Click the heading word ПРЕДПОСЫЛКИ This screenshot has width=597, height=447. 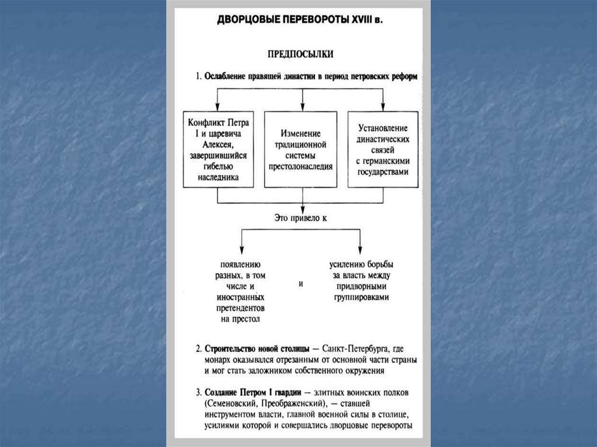coord(300,54)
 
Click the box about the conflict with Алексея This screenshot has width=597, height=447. coord(218,150)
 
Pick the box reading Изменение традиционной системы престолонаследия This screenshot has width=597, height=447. coord(300,150)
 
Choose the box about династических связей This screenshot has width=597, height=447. coord(382,150)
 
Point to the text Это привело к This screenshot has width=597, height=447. coord(301,219)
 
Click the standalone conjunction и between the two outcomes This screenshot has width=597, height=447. coord(301,284)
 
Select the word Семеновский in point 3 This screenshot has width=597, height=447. coord(230,403)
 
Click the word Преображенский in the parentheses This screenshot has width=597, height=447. coord(291,403)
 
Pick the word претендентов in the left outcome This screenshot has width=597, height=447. coord(240,308)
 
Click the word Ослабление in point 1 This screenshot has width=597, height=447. coord(228,76)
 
